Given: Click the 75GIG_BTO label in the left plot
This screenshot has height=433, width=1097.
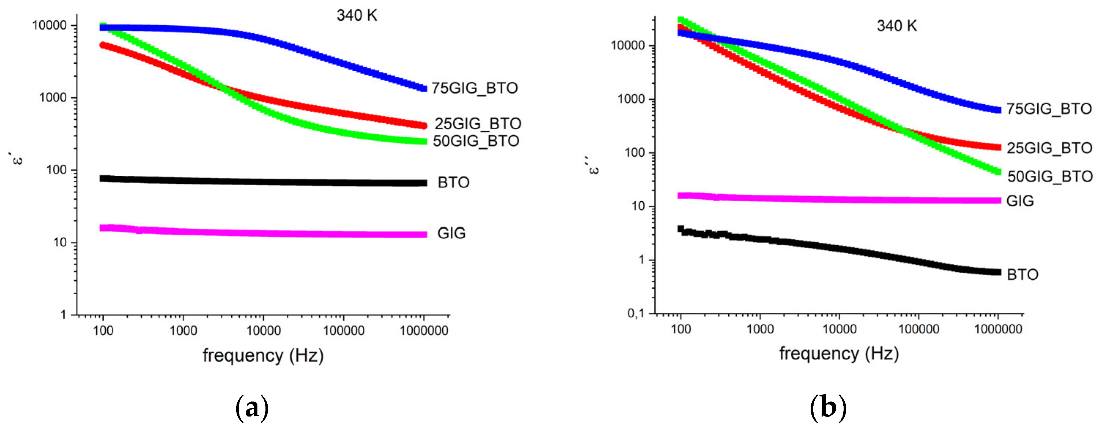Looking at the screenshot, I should click(475, 88).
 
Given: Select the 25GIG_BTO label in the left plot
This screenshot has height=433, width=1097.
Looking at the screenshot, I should click(477, 123).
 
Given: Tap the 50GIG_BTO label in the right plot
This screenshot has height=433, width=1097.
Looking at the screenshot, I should click(1049, 176).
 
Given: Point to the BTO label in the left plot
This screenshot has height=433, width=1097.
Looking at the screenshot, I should click(453, 183).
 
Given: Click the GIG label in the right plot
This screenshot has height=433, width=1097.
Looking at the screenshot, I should click(1019, 201).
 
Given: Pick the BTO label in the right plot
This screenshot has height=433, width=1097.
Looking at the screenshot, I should click(1022, 275).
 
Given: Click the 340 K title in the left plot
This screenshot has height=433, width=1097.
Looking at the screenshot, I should click(356, 16).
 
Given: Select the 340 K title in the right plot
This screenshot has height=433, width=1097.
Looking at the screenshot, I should click(896, 26).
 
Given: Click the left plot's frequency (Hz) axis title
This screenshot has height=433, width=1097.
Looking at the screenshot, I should click(263, 355).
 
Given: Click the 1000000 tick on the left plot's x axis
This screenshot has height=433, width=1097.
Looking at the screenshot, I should click(424, 331).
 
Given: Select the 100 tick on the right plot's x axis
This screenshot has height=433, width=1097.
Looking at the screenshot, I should click(681, 329).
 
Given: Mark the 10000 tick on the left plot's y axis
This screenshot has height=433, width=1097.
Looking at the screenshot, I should click(49, 26).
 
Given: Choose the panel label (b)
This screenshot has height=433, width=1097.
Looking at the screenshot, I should click(828, 408).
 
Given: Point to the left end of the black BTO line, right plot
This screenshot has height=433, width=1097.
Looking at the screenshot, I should click(681, 229).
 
